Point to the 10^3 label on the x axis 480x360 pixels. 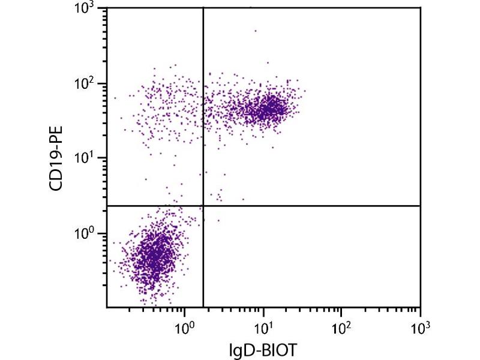coord(419,328)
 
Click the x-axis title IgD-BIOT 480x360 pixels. coord(263,350)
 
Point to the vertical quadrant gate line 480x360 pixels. coord(203,120)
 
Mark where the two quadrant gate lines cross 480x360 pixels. coord(203,206)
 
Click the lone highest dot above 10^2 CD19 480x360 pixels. coord(255,31)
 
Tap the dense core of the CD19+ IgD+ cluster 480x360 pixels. coord(270,109)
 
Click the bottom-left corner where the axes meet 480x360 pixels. coord(107,308)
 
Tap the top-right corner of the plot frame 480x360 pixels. coord(420,8)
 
